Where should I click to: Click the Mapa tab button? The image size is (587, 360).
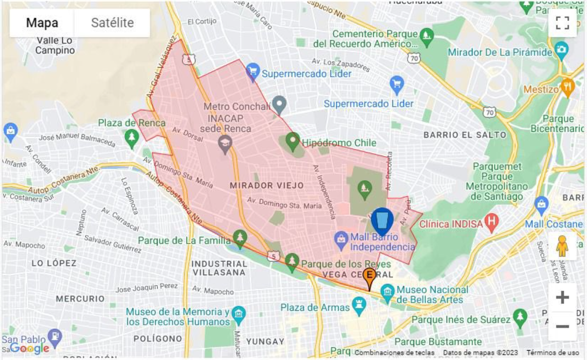42,23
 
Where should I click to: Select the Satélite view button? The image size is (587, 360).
112,23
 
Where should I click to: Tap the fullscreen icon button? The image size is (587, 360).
562,23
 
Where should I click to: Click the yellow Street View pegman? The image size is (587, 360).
562,246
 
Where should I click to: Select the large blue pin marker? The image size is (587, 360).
382,221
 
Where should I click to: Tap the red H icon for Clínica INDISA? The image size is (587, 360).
491,222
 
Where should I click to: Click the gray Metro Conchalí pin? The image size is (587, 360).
279,104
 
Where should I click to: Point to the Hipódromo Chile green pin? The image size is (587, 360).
292,140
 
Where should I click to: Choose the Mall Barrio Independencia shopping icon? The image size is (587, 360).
341,240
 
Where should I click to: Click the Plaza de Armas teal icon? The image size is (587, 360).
359,306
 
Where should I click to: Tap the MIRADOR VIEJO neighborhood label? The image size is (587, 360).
267,186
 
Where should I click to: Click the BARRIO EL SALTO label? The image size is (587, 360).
465,135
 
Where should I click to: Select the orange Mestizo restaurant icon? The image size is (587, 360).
567,87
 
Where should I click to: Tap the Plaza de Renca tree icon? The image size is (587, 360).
131,137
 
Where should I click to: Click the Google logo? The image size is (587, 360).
30,349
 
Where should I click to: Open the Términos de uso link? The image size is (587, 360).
553,353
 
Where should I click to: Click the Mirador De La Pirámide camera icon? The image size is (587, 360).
561,50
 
